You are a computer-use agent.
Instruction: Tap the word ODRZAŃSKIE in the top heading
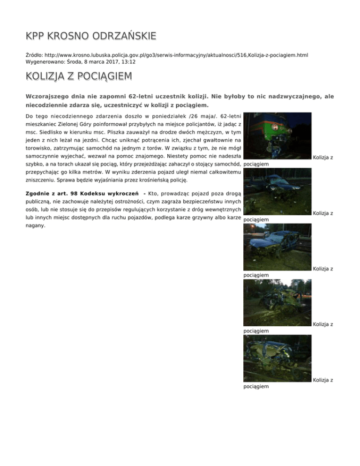click(126, 36)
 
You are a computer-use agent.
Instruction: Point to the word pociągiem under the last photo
click(256, 386)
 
